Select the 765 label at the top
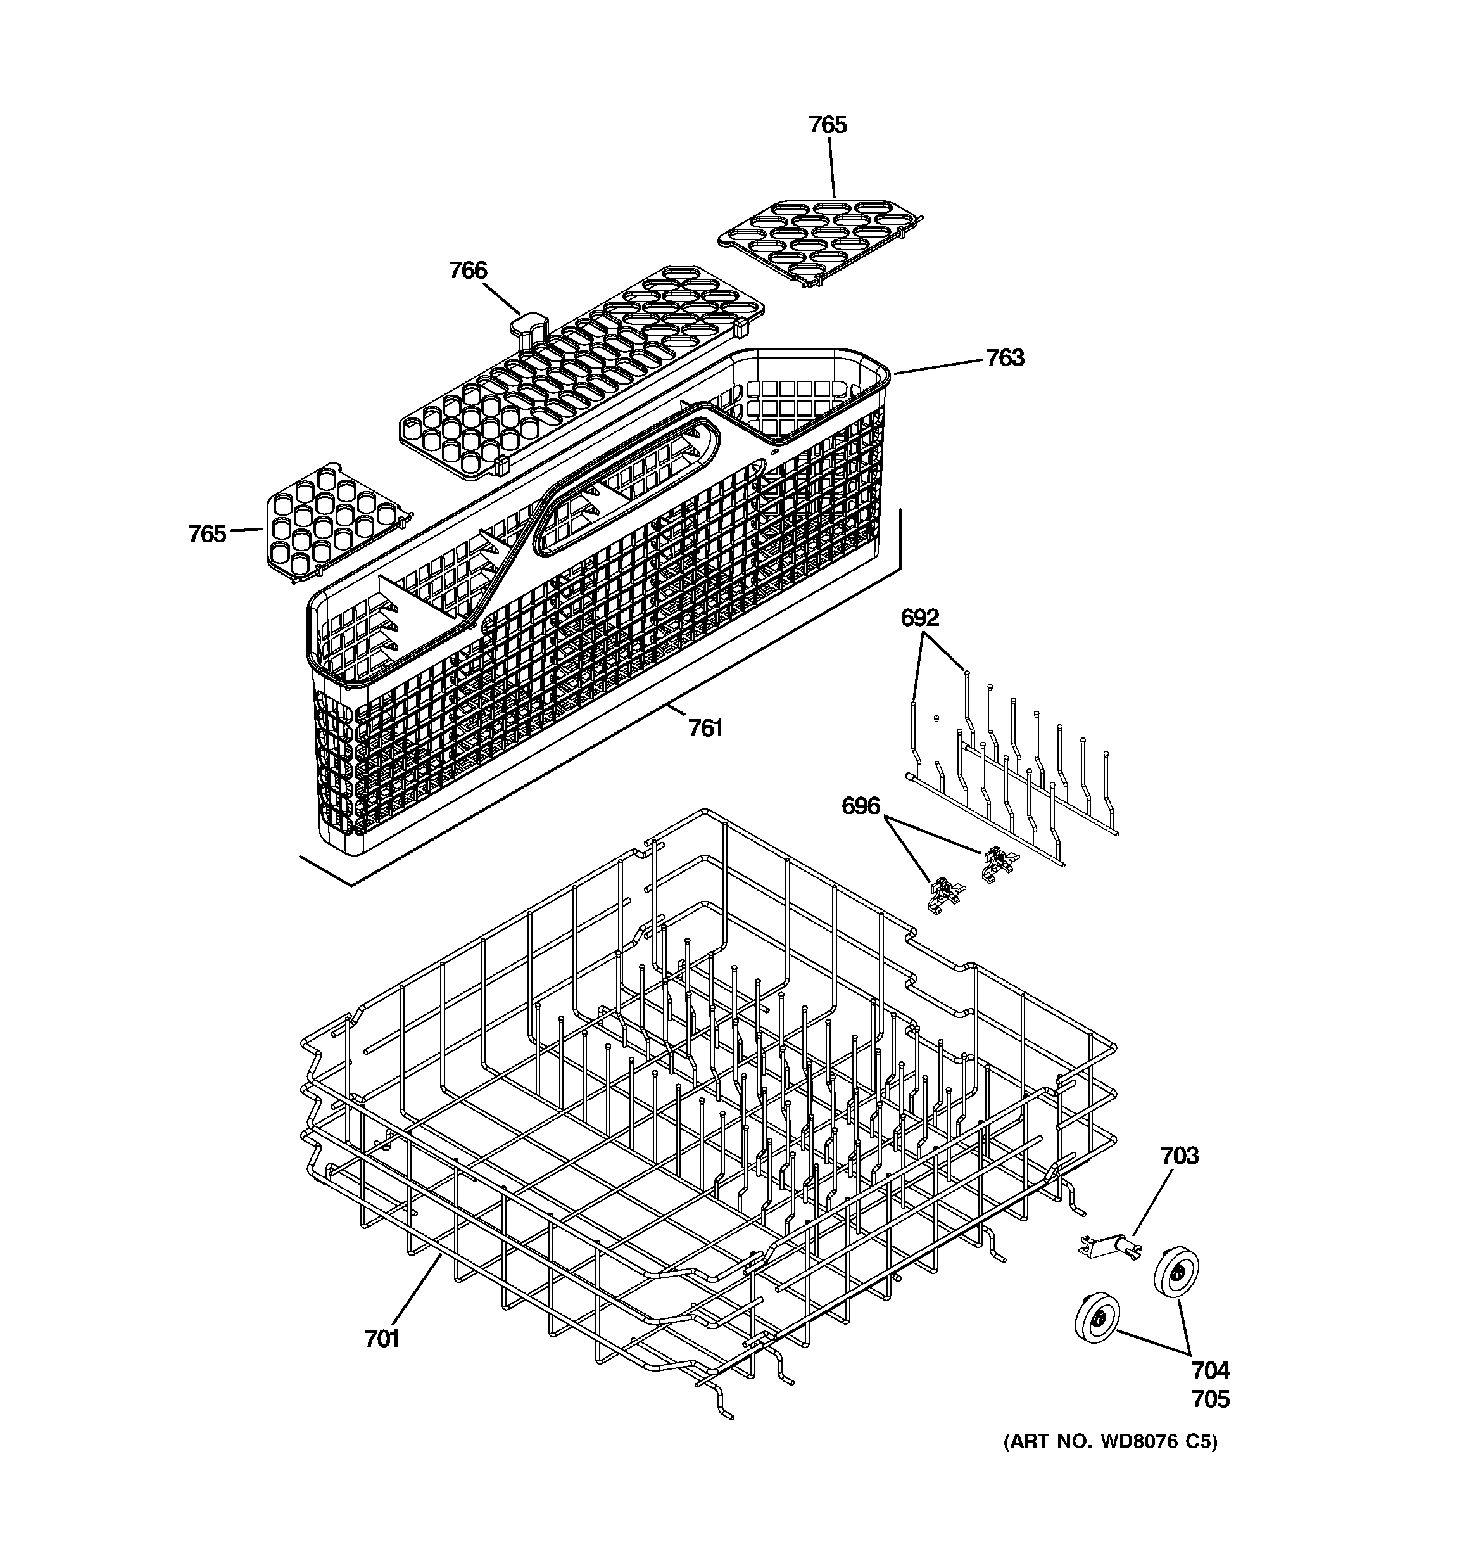(x=827, y=125)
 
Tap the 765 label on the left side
(x=206, y=534)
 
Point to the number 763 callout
(x=1005, y=358)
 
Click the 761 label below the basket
(x=705, y=728)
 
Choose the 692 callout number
(x=920, y=618)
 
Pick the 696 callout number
(x=861, y=806)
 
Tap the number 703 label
(x=1179, y=1156)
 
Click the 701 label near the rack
(x=382, y=1339)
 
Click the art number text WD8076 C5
(x=1110, y=1442)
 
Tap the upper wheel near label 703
(x=1176, y=1272)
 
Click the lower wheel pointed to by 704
(x=1097, y=1318)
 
